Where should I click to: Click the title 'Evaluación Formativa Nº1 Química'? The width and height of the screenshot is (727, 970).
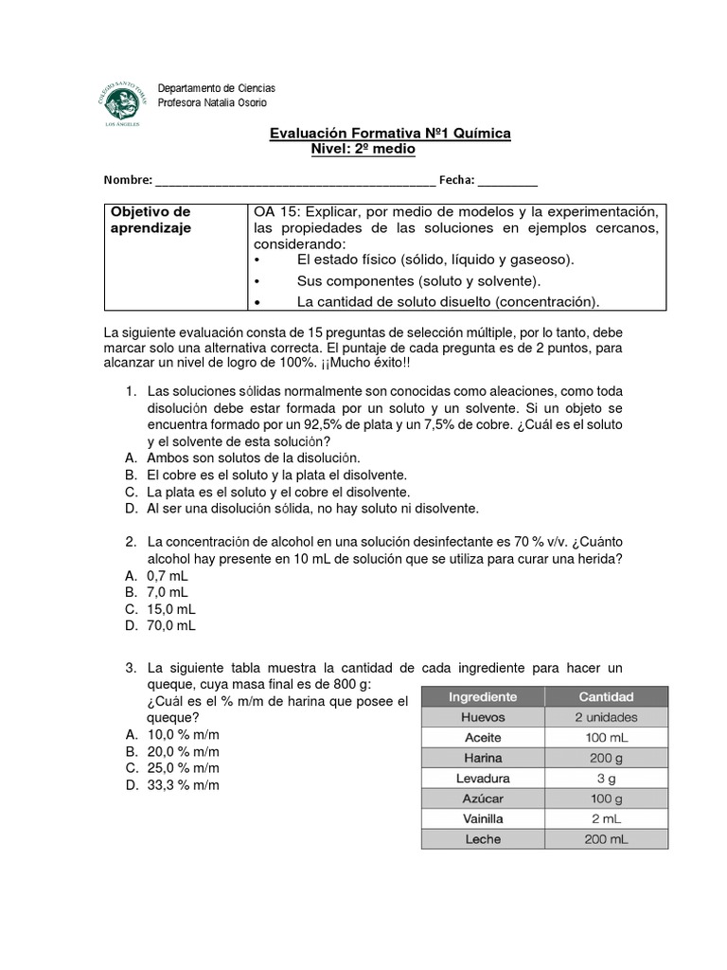(390, 135)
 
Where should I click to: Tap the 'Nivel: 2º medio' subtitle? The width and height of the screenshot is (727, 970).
(363, 150)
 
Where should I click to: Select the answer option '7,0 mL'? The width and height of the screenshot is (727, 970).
(168, 592)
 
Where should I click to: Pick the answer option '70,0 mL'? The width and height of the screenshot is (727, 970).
(171, 626)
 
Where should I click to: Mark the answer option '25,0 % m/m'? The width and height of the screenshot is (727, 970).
(184, 768)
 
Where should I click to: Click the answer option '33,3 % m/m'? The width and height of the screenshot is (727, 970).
(184, 785)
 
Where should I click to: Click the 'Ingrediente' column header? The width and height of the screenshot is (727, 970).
(483, 696)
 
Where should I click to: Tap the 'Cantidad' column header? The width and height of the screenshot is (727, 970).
(606, 696)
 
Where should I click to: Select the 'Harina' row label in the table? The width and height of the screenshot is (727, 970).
(483, 758)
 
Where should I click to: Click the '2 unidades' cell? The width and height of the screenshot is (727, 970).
(606, 717)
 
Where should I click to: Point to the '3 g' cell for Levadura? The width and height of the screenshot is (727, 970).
(606, 779)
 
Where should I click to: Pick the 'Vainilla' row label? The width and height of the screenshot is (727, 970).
(483, 818)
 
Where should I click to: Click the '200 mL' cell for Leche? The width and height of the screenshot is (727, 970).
(606, 839)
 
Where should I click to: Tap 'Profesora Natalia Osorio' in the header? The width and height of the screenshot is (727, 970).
(212, 102)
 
